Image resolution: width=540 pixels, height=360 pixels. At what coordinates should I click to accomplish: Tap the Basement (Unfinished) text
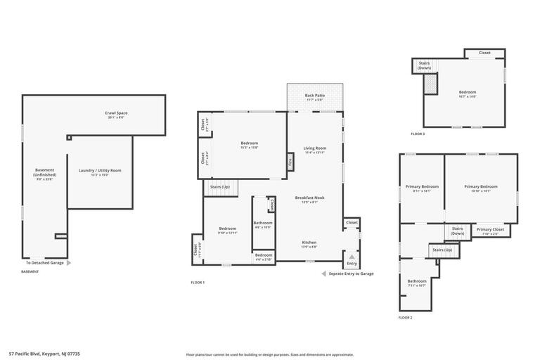(x=44, y=174)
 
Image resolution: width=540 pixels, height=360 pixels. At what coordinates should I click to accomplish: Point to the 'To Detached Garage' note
(x=45, y=263)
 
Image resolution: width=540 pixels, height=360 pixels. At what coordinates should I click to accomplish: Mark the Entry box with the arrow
(x=352, y=259)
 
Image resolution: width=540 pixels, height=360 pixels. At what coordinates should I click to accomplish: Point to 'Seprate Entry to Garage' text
(x=351, y=274)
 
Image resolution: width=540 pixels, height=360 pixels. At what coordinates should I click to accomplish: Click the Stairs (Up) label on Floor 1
(x=220, y=187)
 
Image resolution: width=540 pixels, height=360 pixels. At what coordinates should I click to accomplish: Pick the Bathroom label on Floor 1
(x=263, y=224)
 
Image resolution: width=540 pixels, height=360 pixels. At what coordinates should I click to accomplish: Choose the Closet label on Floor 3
(x=484, y=53)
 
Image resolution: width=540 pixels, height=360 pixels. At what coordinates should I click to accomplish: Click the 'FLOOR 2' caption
(x=405, y=318)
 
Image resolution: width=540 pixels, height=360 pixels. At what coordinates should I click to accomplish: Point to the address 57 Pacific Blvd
(x=44, y=354)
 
